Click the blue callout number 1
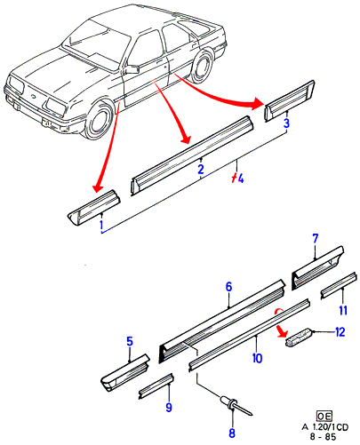[101, 225]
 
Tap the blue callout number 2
[201, 170]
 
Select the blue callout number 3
[286, 123]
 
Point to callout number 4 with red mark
[238, 179]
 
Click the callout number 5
[130, 342]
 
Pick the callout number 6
[228, 287]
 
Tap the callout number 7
[315, 239]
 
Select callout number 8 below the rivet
[232, 433]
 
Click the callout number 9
[169, 408]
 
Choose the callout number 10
[257, 358]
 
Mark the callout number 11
[343, 310]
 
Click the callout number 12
[340, 332]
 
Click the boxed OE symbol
[324, 417]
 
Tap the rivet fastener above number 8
[236, 405]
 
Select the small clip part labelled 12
[298, 336]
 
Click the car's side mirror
[132, 69]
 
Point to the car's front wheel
[99, 120]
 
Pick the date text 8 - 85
[323, 437]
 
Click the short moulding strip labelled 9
[156, 386]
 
